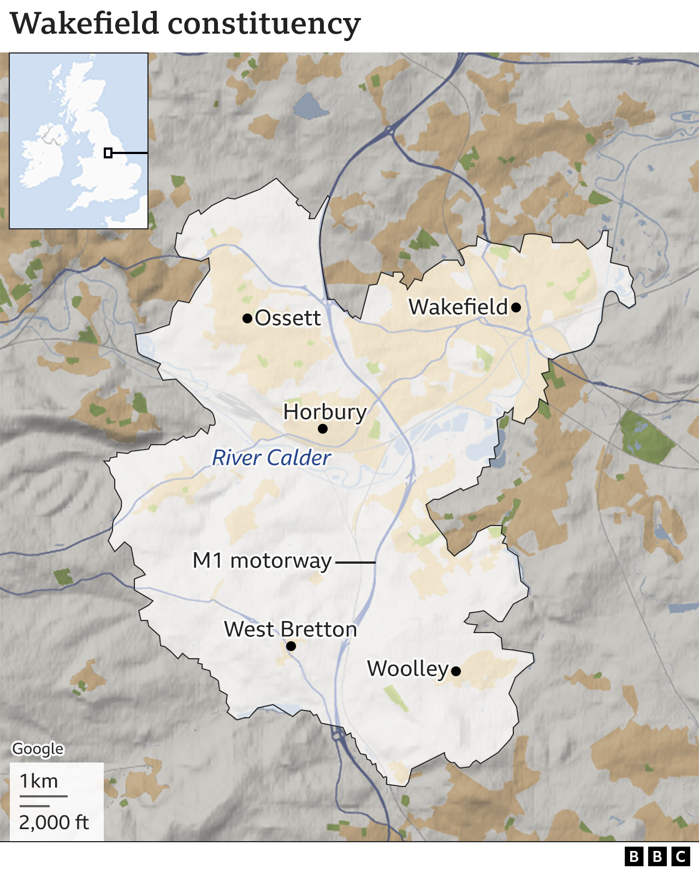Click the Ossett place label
(x=288, y=318)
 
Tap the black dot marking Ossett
(x=247, y=318)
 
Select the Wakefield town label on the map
(x=458, y=307)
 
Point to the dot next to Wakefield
(x=516, y=308)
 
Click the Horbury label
(x=325, y=412)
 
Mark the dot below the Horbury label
(x=323, y=429)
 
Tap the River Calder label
(x=271, y=458)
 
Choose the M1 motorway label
(x=262, y=560)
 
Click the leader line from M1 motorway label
(x=355, y=562)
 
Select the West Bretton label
(x=291, y=629)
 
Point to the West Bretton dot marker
(x=291, y=646)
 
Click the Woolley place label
(x=407, y=669)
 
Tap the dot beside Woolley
(x=456, y=671)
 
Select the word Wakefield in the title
(x=85, y=24)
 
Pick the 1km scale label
(x=39, y=782)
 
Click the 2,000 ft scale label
(x=54, y=822)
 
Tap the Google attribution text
(x=38, y=748)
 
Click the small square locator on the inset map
(x=108, y=153)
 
